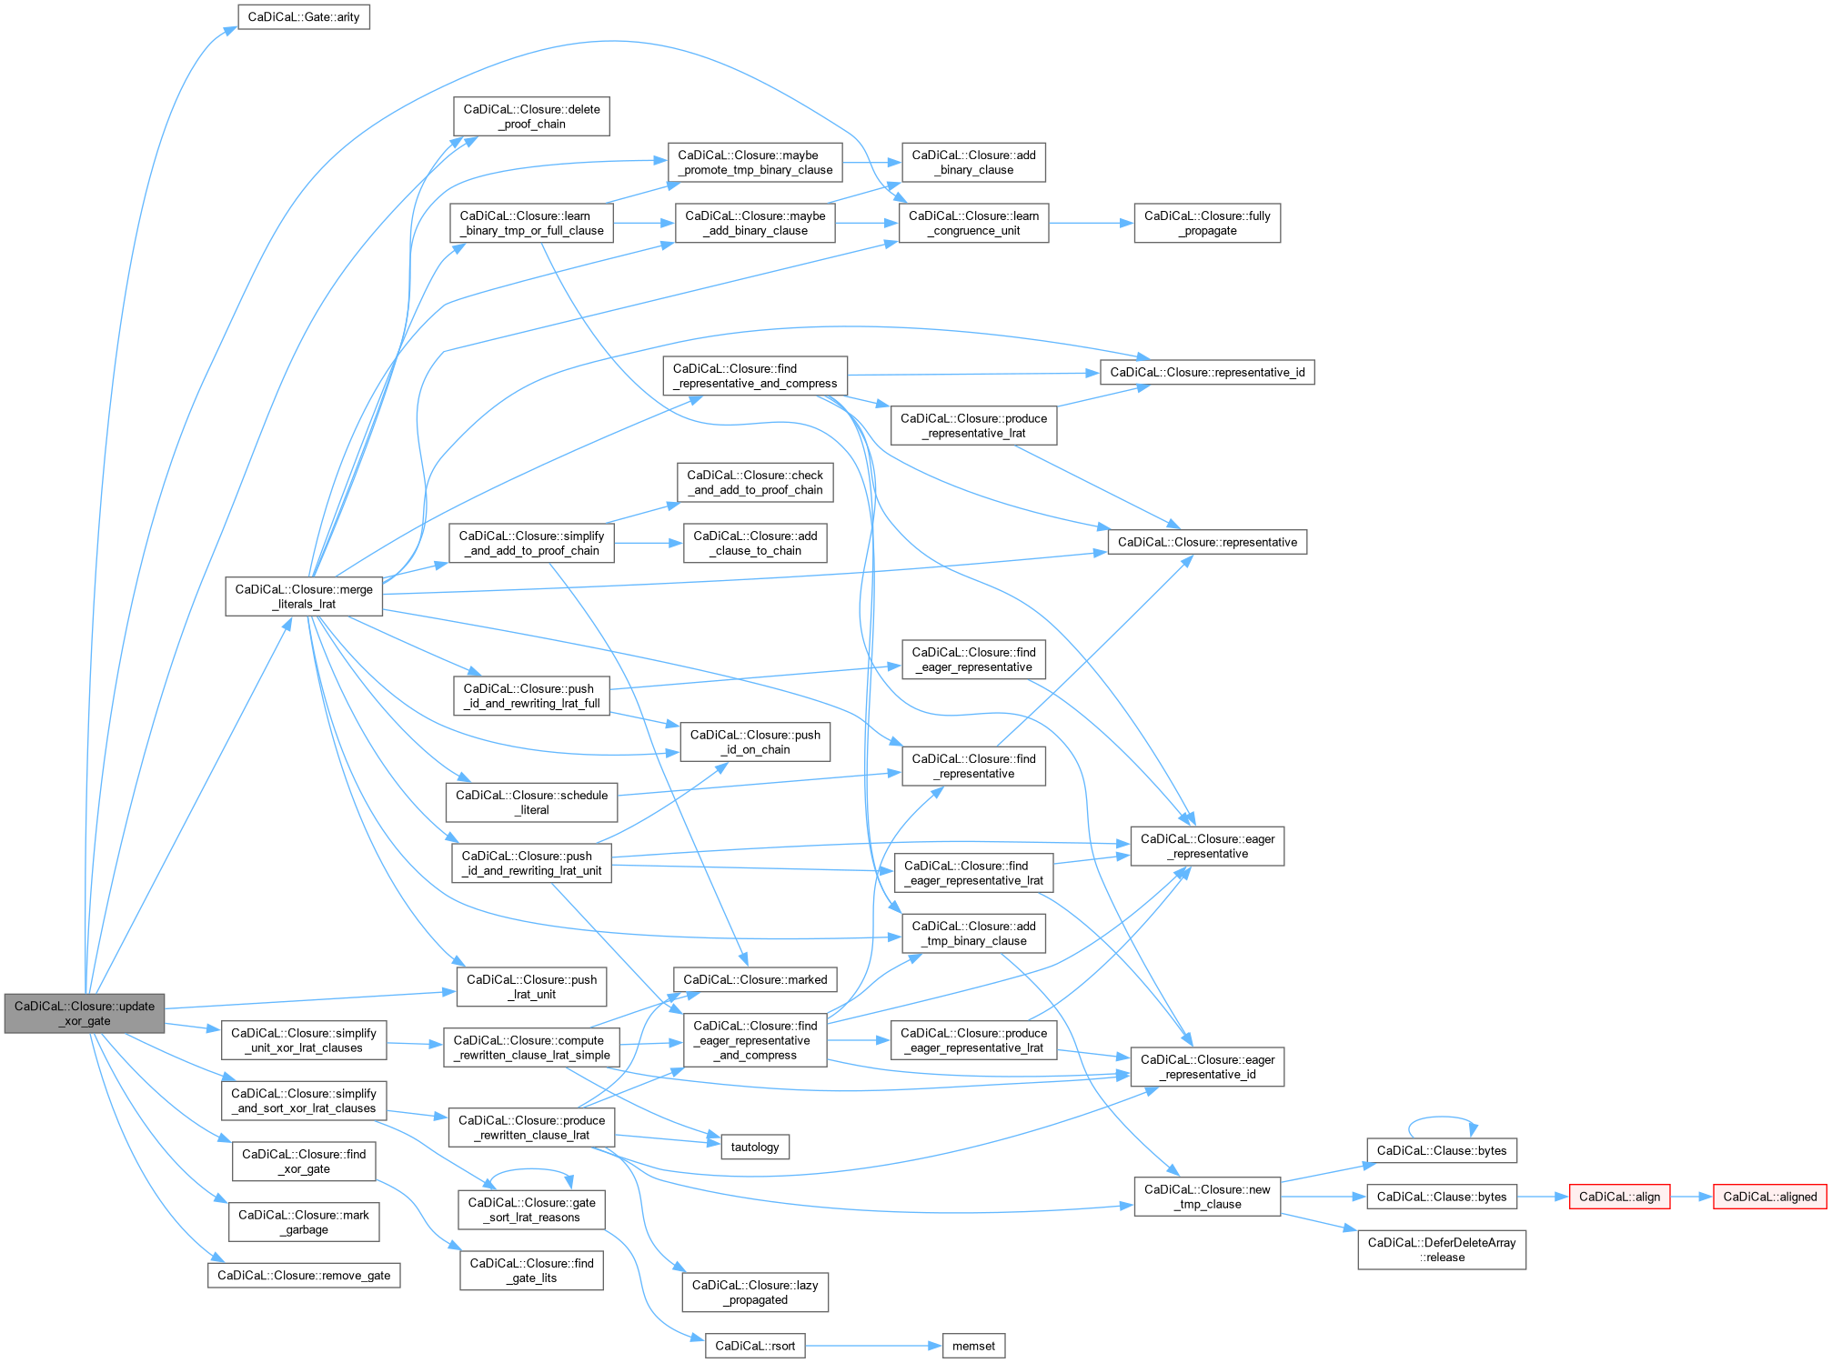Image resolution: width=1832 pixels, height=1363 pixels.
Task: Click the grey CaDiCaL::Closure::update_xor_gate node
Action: [x=85, y=1013]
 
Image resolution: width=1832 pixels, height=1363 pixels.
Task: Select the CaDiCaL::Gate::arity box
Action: [x=304, y=17]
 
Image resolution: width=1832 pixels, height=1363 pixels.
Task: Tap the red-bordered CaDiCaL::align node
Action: [x=1619, y=1197]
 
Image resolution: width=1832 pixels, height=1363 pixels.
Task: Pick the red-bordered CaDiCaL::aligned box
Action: [x=1769, y=1197]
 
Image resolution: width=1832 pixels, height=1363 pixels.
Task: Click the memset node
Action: [x=973, y=1346]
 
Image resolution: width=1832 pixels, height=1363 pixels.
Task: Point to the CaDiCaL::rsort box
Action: [x=755, y=1346]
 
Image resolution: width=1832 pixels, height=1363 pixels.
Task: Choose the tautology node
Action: [x=755, y=1147]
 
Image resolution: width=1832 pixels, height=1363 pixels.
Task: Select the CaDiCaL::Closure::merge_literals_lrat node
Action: [x=304, y=596]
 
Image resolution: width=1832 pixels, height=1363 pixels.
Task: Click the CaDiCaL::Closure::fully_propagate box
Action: [x=1207, y=223]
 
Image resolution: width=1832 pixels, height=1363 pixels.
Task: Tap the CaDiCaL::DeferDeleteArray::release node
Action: [x=1442, y=1249]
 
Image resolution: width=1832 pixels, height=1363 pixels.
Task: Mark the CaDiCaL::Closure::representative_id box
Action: [x=1207, y=372]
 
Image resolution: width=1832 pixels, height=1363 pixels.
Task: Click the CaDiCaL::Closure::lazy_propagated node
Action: [x=755, y=1292]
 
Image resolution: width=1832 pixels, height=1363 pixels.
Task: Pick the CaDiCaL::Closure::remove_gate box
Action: [x=304, y=1275]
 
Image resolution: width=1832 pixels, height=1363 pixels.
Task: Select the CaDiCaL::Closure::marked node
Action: [x=755, y=979]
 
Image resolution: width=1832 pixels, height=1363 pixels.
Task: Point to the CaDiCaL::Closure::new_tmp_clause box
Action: [x=1207, y=1197]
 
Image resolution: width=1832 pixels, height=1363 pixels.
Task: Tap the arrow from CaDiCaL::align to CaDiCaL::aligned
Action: [x=1692, y=1197]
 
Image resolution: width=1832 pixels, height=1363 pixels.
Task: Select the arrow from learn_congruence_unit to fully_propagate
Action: [x=1091, y=223]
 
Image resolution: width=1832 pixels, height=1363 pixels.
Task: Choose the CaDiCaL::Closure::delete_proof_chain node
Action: [x=531, y=116]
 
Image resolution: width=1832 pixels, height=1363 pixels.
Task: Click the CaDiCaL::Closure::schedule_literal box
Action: [x=531, y=802]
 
